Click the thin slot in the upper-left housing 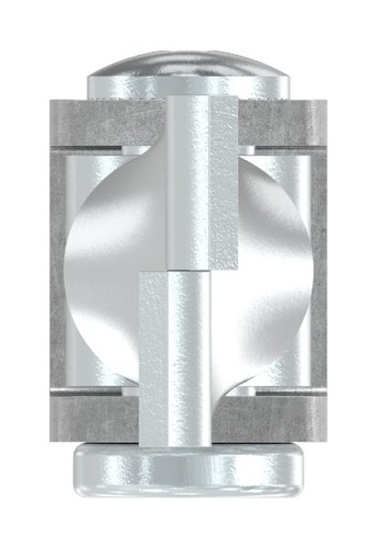(x=100, y=146)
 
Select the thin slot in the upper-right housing (x=283, y=146)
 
